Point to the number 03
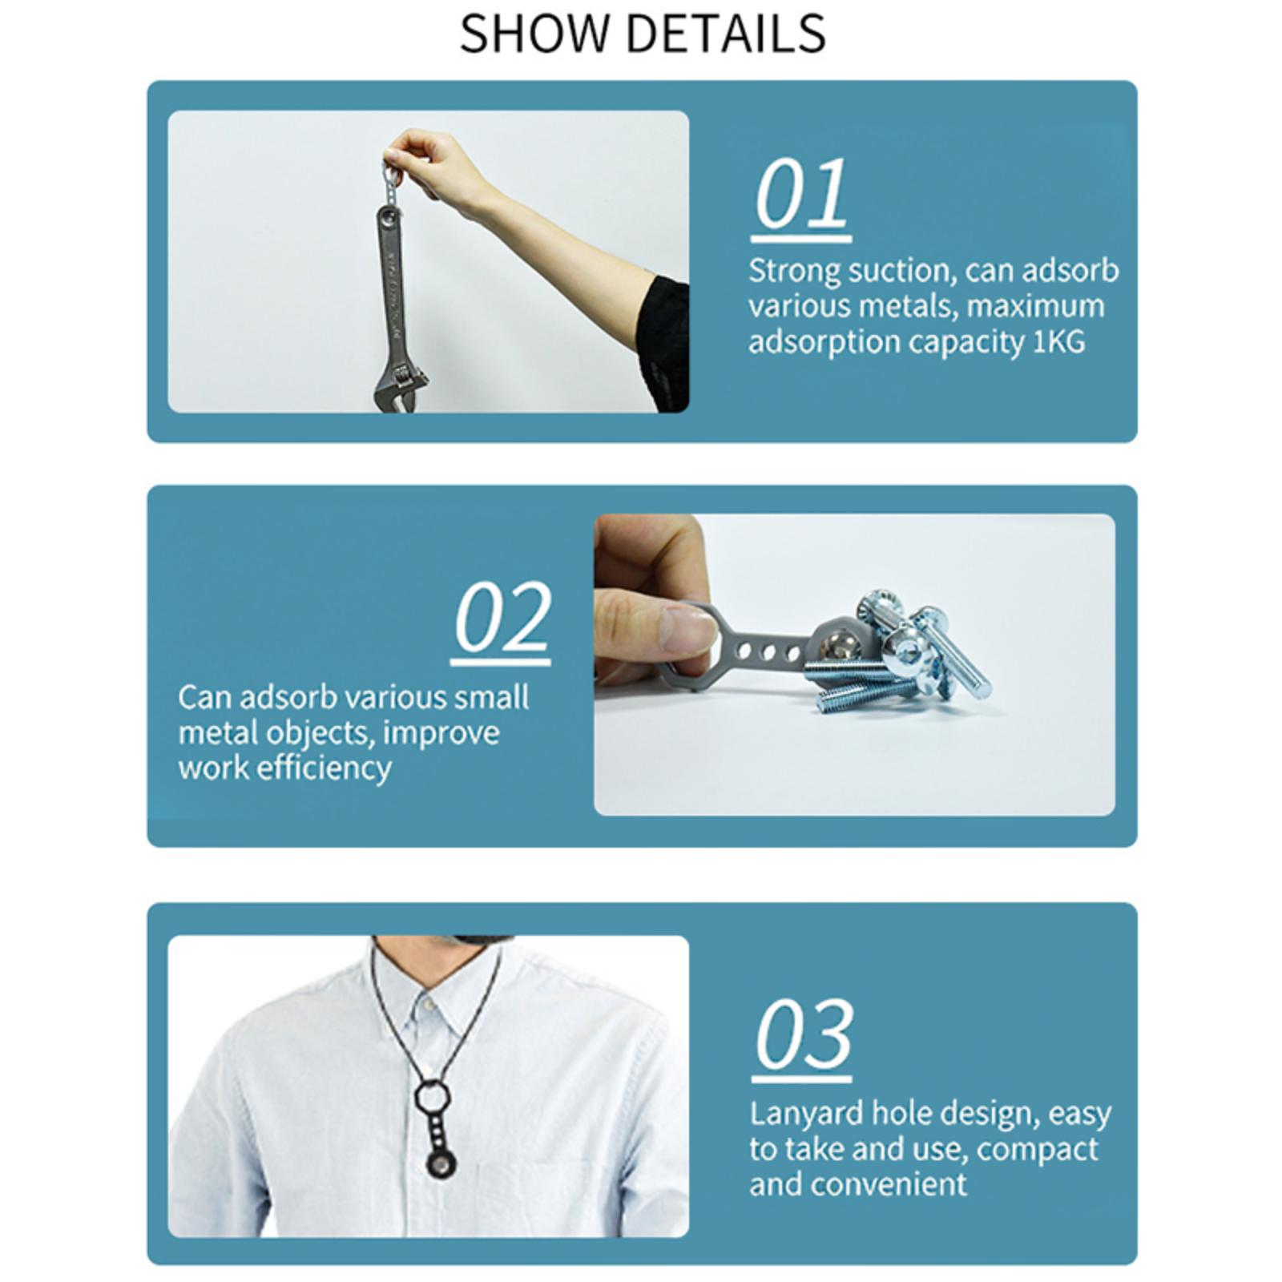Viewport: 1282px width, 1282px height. [803, 1034]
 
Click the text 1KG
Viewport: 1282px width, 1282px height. [1058, 342]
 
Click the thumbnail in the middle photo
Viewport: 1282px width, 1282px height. [689, 621]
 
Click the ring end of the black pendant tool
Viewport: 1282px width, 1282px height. [431, 1095]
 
